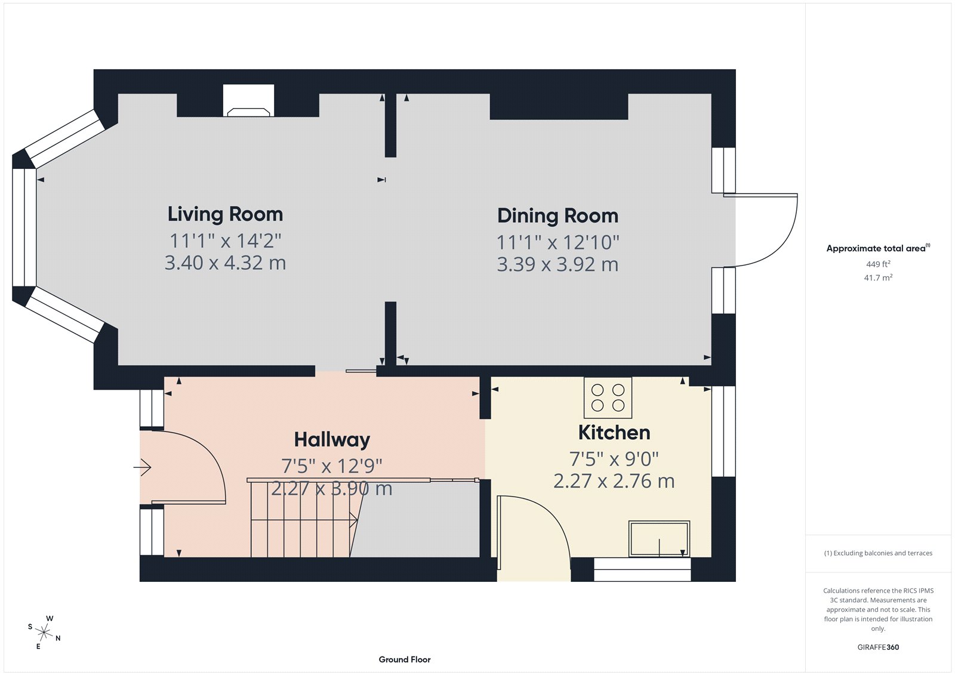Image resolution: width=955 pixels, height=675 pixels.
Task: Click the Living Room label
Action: (225, 214)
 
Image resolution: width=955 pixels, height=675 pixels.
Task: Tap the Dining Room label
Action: (557, 216)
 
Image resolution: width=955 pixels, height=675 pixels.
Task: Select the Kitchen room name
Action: (614, 433)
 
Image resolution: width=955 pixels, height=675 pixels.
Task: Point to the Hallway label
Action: (332, 440)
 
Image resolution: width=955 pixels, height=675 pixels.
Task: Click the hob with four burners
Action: (608, 397)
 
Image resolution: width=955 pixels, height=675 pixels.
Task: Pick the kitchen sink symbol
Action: (659, 538)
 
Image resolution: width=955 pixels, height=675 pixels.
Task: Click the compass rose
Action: (44, 631)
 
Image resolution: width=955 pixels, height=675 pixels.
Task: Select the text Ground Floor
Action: (404, 659)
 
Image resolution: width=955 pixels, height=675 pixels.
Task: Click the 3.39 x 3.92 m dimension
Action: (557, 264)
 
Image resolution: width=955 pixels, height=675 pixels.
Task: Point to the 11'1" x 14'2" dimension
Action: (225, 241)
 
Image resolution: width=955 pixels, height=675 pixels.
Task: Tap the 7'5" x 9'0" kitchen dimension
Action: (614, 459)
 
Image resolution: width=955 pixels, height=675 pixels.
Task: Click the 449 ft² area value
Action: (878, 264)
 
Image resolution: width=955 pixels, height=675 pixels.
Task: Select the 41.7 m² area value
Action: (878, 278)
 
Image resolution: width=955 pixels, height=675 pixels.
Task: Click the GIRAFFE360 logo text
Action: (878, 647)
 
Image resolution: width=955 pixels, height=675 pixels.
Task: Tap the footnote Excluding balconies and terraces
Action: (878, 553)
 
